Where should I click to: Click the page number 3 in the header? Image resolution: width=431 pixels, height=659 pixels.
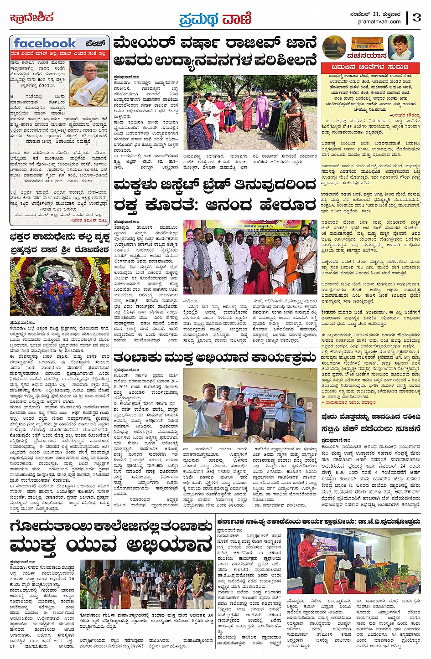416,18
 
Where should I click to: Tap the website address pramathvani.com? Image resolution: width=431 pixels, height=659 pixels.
379,21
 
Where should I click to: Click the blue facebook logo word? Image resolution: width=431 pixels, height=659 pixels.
45,43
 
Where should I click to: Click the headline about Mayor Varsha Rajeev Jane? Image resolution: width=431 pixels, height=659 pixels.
215,51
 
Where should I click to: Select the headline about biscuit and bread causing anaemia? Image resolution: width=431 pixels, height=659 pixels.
215,195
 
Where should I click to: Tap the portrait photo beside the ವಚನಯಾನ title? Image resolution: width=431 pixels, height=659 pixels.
401,46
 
